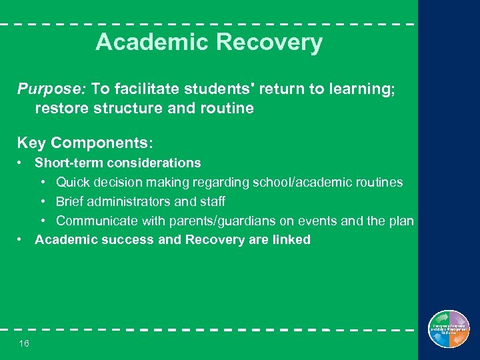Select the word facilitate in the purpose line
(x=146, y=89)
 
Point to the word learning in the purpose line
(x=361, y=89)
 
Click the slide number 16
(x=24, y=343)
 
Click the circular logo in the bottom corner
(x=449, y=329)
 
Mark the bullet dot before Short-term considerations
(x=22, y=163)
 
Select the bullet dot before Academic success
(x=22, y=239)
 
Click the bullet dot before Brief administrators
(x=43, y=201)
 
